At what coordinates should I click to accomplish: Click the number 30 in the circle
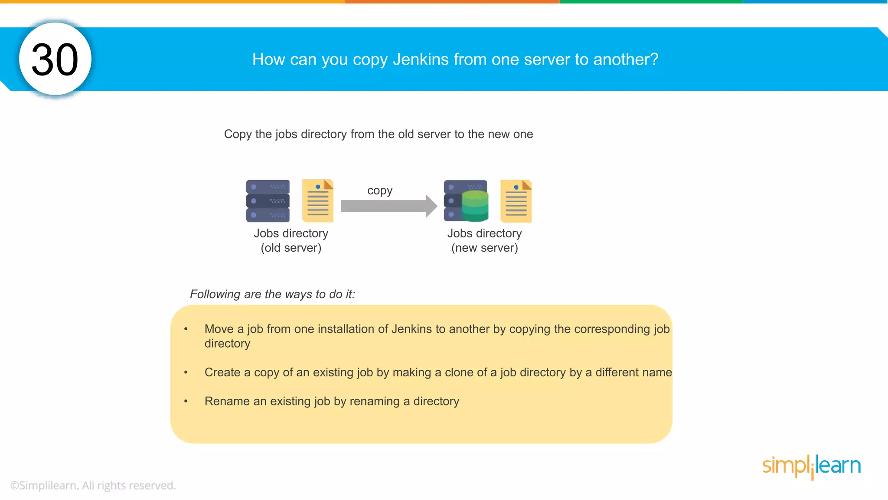point(55,59)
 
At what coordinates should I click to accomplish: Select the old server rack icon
point(268,201)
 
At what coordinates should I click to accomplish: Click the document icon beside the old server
point(318,201)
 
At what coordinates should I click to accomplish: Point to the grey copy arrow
point(388,206)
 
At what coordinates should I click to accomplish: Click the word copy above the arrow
point(380,191)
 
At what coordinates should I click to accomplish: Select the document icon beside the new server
point(516,201)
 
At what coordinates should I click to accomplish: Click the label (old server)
point(291,248)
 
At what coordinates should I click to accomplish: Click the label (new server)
point(484,248)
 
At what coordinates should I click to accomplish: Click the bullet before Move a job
point(186,329)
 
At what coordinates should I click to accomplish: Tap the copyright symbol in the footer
point(14,486)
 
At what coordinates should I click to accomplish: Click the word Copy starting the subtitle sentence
point(238,135)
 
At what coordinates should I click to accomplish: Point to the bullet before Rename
point(186,401)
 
